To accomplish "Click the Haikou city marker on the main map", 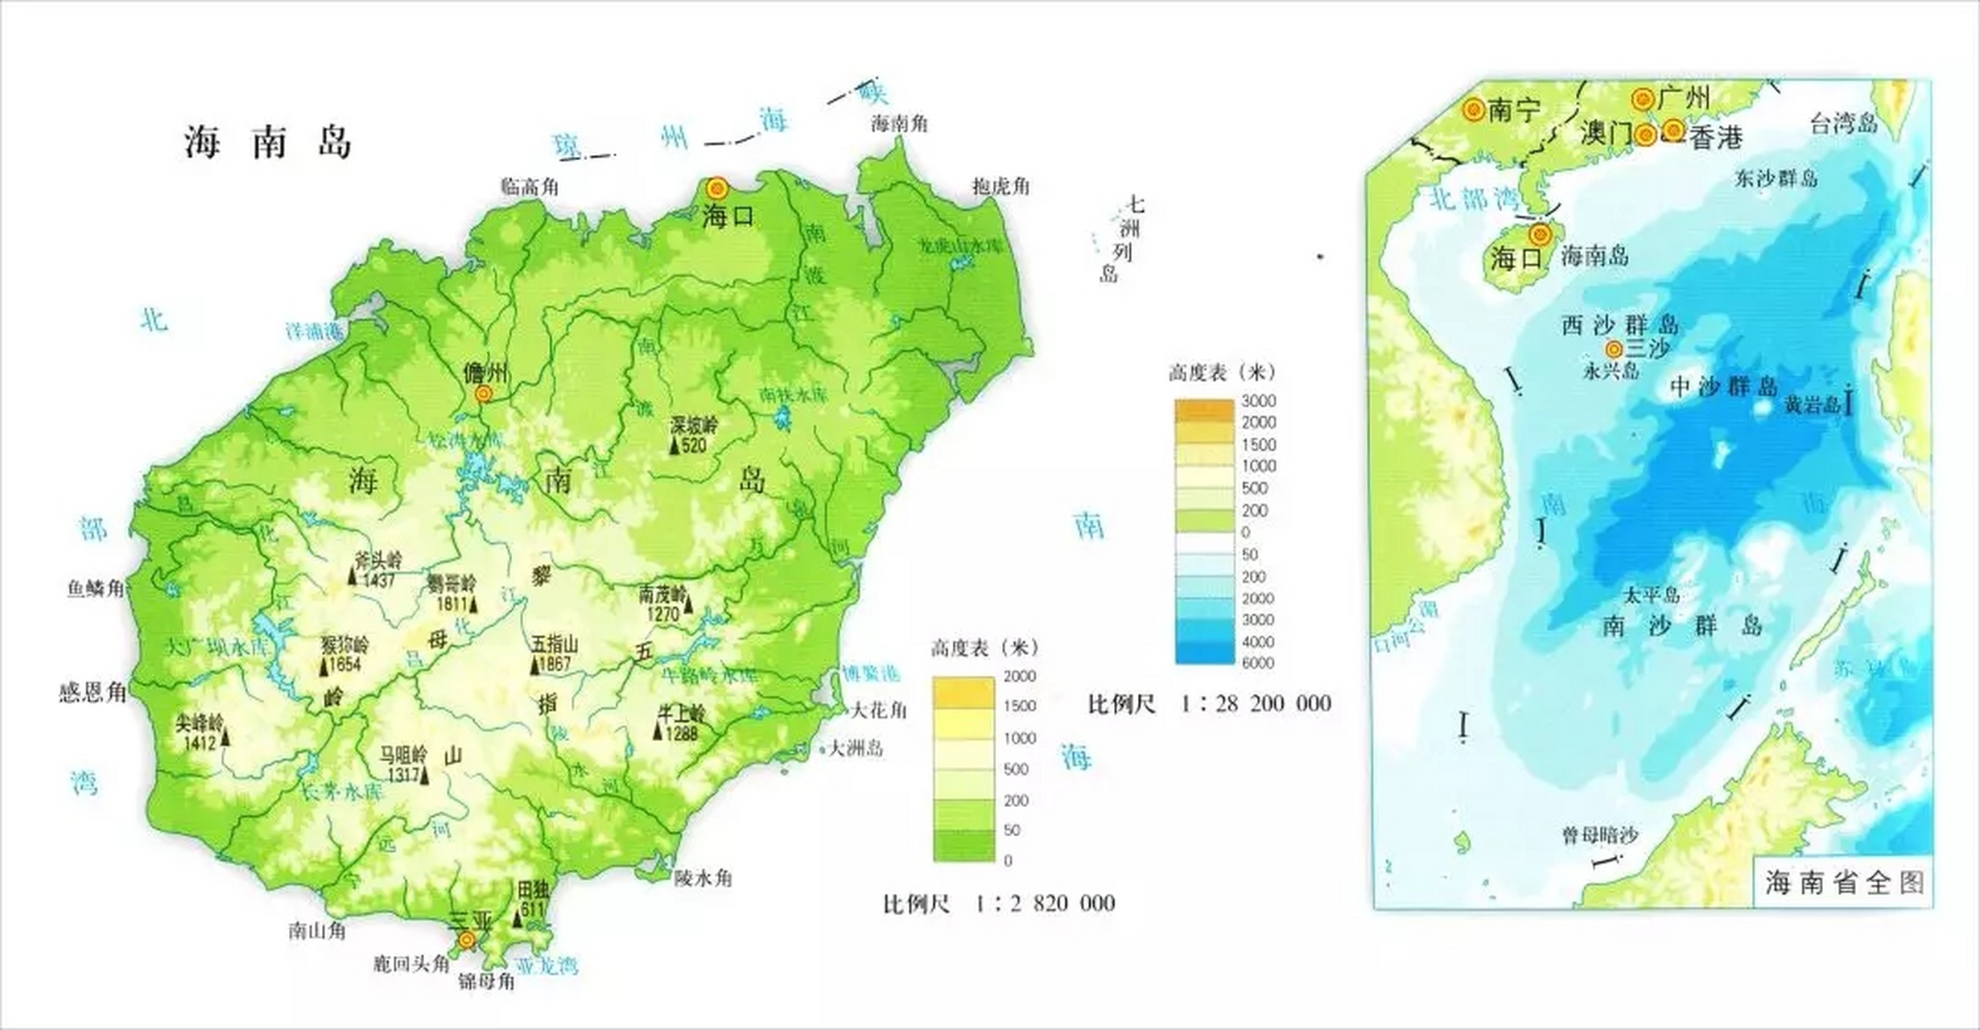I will (716, 189).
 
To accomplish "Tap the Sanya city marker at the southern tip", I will (466, 940).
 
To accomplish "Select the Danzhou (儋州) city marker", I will (484, 393).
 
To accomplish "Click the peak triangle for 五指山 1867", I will (534, 665).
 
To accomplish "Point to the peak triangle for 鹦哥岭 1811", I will (473, 604).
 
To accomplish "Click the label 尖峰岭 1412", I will (200, 731).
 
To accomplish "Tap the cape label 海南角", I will (900, 124).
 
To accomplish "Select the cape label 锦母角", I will (486, 981).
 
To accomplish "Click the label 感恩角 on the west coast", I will (93, 692).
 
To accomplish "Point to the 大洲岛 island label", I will (856, 748).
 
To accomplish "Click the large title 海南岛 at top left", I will (268, 142).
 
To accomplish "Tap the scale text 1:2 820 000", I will (1045, 903).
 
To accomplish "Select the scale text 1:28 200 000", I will (1256, 703).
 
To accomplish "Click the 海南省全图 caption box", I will (1843, 883).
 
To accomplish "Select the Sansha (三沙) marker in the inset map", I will (1614, 349).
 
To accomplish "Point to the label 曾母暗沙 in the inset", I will (1600, 835).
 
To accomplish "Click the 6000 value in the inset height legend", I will (1258, 663).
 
